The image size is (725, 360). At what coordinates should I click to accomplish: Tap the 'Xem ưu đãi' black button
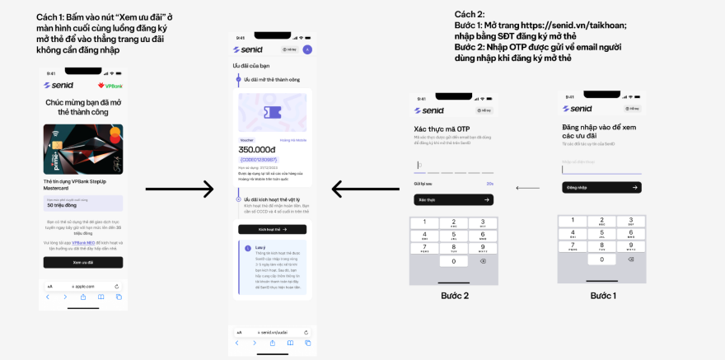83,262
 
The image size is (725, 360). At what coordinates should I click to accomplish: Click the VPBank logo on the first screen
112,86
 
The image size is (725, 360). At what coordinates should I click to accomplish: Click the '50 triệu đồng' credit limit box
83,203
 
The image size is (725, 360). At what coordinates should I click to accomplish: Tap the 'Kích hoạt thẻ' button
272,229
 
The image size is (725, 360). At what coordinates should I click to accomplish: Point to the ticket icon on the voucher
272,114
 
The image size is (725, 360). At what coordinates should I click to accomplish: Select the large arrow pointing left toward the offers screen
366,189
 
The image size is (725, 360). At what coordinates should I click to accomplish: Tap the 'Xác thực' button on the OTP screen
453,199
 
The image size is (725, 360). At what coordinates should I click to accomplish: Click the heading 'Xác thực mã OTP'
442,129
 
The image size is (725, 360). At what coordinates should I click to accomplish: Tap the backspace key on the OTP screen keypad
483,261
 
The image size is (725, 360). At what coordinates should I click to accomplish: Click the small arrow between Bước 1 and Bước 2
528,189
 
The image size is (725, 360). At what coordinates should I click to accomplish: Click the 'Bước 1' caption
602,296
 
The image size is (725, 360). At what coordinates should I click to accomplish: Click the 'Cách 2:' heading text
470,14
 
